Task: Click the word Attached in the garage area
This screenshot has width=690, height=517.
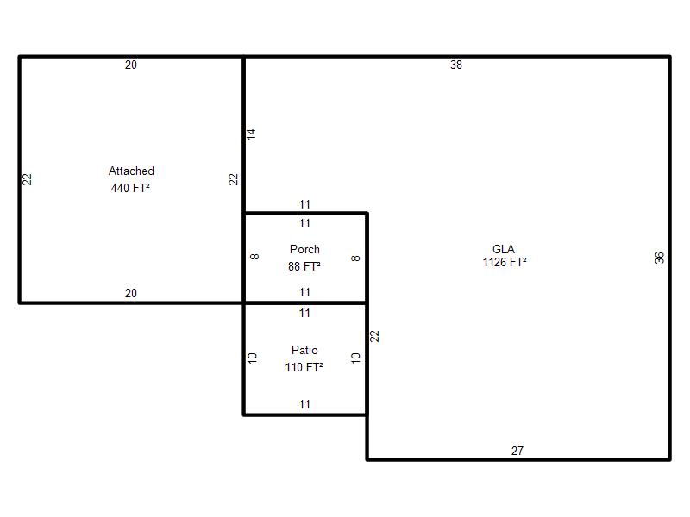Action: coord(131,171)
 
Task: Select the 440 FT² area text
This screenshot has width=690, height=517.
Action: coord(130,188)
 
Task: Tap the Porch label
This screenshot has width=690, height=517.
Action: coord(304,249)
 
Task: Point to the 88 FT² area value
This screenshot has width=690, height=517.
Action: coord(304,266)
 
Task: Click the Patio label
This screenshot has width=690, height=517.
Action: coord(304,350)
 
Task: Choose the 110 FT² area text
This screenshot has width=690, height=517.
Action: coord(304,367)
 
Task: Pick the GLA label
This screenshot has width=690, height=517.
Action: coord(504,249)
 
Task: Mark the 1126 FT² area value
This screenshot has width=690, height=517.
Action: coord(505,262)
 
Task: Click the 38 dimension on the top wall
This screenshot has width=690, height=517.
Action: coord(456,65)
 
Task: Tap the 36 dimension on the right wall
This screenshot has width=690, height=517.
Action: coord(659,258)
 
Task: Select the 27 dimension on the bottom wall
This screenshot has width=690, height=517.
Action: coord(517,451)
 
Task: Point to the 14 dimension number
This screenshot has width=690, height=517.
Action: coord(251,134)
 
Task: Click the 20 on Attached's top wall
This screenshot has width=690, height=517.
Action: coord(131,65)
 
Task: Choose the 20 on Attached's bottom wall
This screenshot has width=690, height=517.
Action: coord(131,293)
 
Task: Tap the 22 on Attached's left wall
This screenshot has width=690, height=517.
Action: coord(27,179)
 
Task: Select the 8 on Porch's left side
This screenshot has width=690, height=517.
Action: coord(254,257)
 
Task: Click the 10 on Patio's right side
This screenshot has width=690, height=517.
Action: coord(355,358)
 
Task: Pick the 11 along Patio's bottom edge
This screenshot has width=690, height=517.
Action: coord(304,404)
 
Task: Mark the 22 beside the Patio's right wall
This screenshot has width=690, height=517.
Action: coord(374,336)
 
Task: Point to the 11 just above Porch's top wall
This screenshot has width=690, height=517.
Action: coord(304,204)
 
